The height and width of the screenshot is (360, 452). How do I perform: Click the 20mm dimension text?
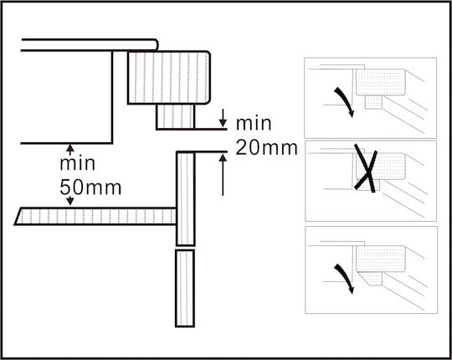click(267, 147)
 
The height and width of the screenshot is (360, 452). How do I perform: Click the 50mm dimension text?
click(90, 188)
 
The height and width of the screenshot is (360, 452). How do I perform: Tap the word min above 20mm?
click(254, 123)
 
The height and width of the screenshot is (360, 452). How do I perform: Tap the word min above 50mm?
click(77, 163)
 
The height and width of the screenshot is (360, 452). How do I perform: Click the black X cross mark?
click(366, 167)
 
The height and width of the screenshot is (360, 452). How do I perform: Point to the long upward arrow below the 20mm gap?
click(223, 175)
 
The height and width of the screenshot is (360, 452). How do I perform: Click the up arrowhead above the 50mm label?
click(70, 148)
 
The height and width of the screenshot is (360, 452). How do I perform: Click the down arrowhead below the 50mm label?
click(70, 201)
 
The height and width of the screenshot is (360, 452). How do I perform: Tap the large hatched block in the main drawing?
click(169, 77)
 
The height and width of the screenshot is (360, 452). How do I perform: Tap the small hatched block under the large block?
click(176, 116)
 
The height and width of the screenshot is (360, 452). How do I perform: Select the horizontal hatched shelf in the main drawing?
click(95, 216)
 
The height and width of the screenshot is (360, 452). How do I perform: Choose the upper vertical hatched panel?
click(186, 198)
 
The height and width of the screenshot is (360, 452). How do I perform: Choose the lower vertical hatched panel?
click(185, 289)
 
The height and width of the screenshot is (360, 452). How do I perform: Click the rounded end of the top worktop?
click(157, 44)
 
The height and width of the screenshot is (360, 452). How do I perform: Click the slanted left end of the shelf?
click(18, 216)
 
